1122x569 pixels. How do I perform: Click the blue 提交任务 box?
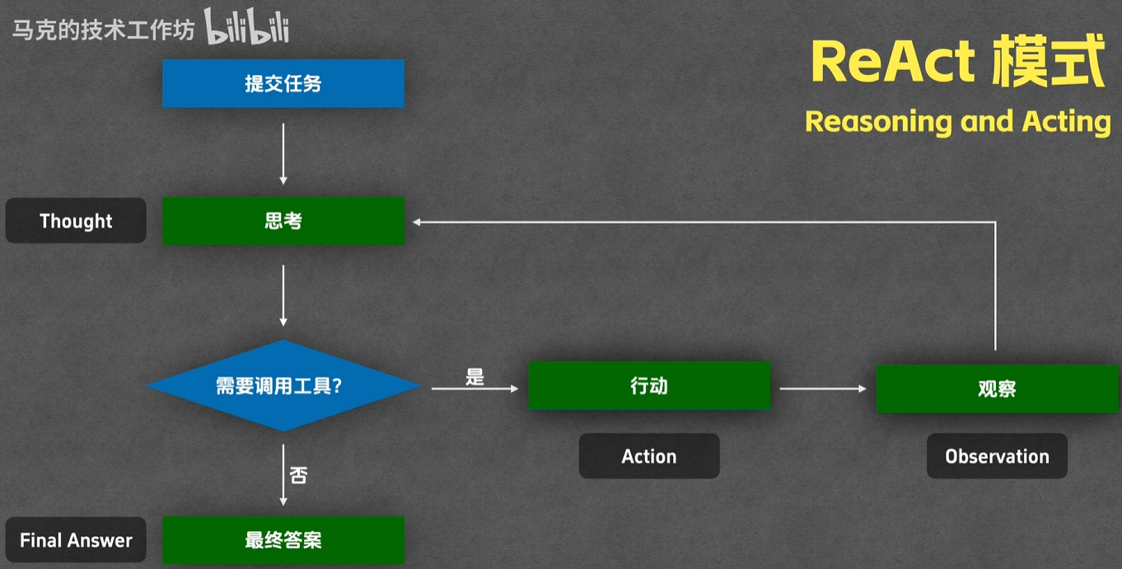pyautogui.click(x=283, y=84)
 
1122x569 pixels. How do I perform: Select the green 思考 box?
pyautogui.click(x=283, y=221)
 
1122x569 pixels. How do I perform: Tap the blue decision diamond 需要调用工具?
pyautogui.click(x=283, y=385)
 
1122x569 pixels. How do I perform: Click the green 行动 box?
pyautogui.click(x=650, y=385)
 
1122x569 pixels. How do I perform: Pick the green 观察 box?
pyautogui.click(x=998, y=389)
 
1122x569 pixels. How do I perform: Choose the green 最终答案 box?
pyautogui.click(x=283, y=540)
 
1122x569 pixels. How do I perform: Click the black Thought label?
pyautogui.click(x=76, y=221)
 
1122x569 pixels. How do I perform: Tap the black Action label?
pyautogui.click(x=649, y=456)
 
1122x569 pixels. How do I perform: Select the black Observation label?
pyautogui.click(x=998, y=456)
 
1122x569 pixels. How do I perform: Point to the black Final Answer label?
pyautogui.click(x=76, y=540)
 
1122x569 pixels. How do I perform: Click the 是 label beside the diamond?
pyautogui.click(x=475, y=376)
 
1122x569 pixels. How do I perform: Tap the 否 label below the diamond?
pyautogui.click(x=298, y=475)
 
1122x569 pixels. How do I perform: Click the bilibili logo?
pyautogui.click(x=246, y=26)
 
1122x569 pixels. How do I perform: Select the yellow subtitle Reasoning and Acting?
pyautogui.click(x=958, y=122)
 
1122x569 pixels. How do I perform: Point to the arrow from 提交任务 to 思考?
pyautogui.click(x=283, y=154)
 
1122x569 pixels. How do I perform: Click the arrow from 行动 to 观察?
pyautogui.click(x=823, y=388)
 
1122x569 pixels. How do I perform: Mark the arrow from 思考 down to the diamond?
pyautogui.click(x=283, y=296)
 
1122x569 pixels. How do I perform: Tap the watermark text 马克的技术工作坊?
pyautogui.click(x=103, y=30)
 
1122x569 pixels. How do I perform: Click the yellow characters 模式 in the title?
pyautogui.click(x=1049, y=61)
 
